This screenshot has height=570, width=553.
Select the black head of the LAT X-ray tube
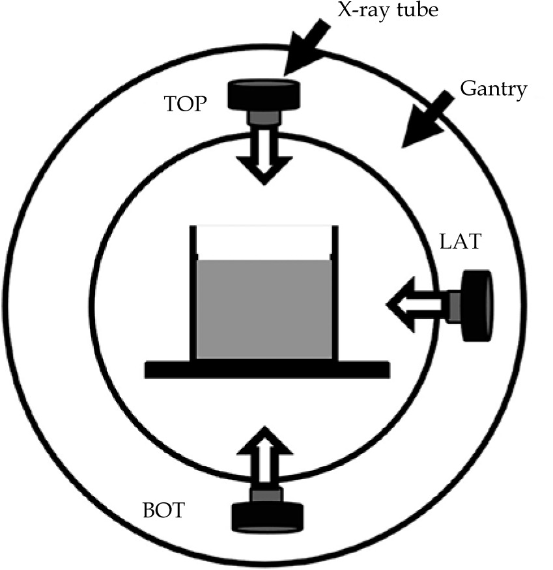477,305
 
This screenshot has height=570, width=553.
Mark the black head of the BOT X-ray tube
267,516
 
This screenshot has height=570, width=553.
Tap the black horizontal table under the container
267,369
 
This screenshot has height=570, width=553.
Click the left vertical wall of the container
193,293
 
